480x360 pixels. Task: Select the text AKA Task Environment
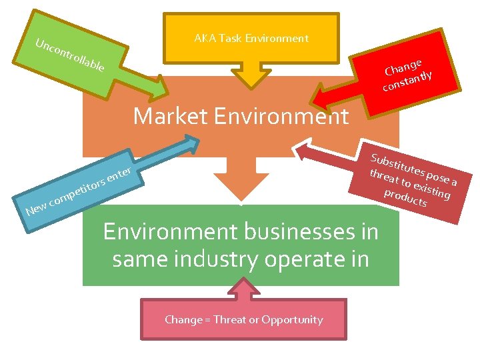point(251,38)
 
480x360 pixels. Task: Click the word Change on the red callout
point(403,67)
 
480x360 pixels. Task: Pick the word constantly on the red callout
point(407,81)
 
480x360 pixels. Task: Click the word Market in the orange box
point(171,117)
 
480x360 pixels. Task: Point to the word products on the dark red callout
point(405,197)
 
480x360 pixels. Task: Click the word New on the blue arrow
point(36,210)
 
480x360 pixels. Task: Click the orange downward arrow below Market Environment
point(241,180)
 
